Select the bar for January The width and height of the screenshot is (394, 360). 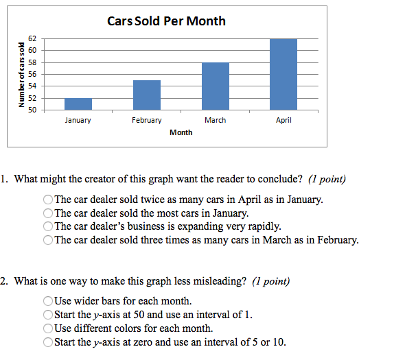(x=78, y=104)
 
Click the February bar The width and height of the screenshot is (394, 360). (x=147, y=95)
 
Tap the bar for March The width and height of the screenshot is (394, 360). (x=216, y=86)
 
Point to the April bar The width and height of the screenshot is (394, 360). (x=283, y=74)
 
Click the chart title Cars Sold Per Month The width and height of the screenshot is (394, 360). (x=166, y=21)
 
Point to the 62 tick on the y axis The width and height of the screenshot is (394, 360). (x=32, y=38)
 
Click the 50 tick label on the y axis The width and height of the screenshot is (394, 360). (x=32, y=110)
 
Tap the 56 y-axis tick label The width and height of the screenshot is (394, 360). (x=32, y=74)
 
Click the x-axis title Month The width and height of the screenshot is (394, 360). (x=181, y=132)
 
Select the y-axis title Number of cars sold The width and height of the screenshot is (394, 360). (x=21, y=75)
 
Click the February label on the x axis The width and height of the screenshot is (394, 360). (x=147, y=120)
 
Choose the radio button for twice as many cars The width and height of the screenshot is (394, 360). (x=48, y=200)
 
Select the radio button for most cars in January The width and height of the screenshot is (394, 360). (x=48, y=213)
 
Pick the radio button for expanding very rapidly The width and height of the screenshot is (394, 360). (x=48, y=226)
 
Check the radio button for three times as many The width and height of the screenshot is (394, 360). (x=48, y=240)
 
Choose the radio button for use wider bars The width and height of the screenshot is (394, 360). (x=48, y=301)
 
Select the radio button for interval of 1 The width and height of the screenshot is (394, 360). (x=48, y=315)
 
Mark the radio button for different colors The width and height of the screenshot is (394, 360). (x=48, y=328)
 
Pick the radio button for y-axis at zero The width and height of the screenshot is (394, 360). (x=48, y=342)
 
